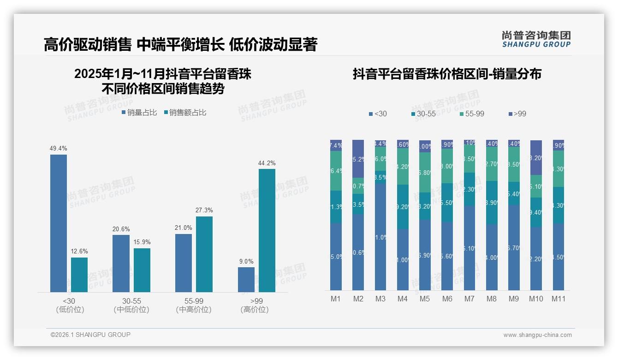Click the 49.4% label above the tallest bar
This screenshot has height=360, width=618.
59,149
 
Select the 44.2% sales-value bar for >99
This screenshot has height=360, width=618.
267,230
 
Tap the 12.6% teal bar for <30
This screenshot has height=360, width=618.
79,275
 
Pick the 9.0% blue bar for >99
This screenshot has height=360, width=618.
246,280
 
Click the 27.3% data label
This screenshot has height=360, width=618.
204,210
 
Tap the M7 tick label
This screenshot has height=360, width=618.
469,299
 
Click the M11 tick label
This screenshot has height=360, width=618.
559,299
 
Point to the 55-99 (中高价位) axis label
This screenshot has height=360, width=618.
194,306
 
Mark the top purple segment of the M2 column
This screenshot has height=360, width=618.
358,158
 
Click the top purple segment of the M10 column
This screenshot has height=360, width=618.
536,157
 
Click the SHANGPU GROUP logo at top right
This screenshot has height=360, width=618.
536,39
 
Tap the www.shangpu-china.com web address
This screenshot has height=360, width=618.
537,335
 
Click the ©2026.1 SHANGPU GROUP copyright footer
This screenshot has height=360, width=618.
90,335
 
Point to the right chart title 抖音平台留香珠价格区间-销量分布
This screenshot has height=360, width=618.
447,74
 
